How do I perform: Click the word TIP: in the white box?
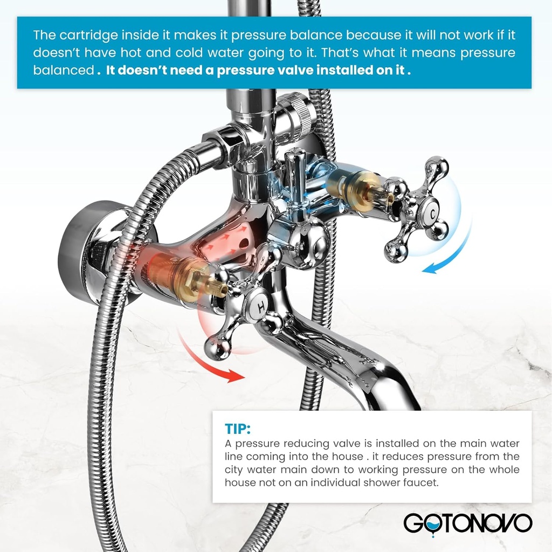tap(237, 429)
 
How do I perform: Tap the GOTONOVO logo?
tap(468, 523)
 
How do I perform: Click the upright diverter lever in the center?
tap(296, 178)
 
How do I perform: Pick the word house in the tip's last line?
tap(240, 482)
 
